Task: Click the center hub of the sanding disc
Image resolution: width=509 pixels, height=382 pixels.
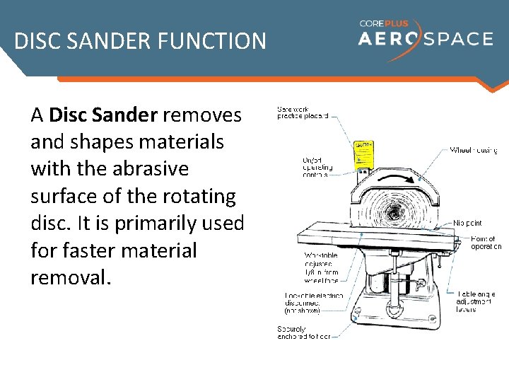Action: click(x=390, y=212)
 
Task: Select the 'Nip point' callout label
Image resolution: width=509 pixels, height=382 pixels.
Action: click(x=468, y=223)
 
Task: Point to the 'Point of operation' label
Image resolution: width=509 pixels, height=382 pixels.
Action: click(x=486, y=243)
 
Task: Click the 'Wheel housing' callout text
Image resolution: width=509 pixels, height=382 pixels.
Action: click(x=474, y=150)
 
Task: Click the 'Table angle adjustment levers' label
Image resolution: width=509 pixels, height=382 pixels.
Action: click(x=476, y=301)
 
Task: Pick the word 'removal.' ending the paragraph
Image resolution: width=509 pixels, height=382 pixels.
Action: click(x=71, y=277)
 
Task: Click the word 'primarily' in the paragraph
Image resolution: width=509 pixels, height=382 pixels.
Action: click(x=166, y=223)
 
